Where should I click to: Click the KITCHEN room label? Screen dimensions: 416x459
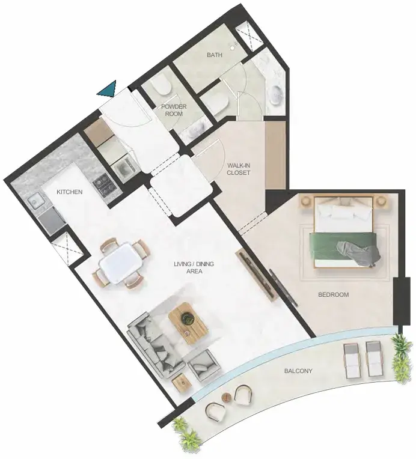point(69,192)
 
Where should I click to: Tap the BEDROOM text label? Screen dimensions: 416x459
point(334,294)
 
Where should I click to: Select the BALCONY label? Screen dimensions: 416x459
point(298,371)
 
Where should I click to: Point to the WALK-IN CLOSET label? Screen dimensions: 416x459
point(239,169)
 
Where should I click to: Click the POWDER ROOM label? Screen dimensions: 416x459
point(174,110)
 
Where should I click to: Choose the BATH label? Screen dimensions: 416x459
point(215,55)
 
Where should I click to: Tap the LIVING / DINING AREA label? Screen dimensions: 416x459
point(194,267)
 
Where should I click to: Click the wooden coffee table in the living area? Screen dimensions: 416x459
point(189,323)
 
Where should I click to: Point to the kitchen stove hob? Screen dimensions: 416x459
point(104,184)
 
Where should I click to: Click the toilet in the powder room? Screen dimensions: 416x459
point(162,85)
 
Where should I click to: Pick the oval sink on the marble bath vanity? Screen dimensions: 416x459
point(276,94)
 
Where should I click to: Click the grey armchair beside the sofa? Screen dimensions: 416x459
point(204,365)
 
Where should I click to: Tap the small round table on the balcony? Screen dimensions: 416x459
point(227,398)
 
